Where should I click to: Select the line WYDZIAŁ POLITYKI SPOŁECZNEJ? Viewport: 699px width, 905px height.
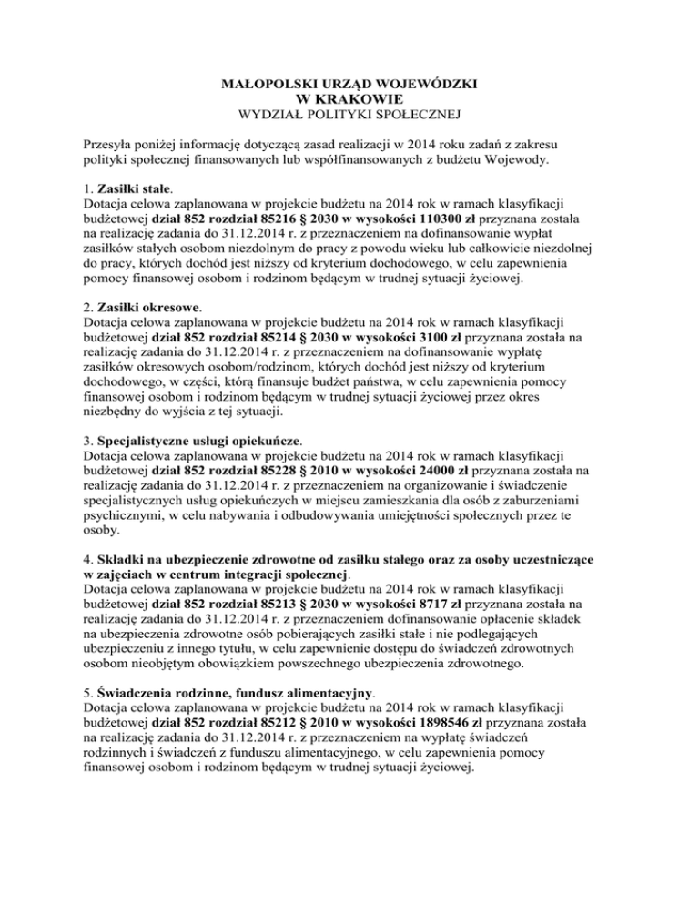pyautogui.click(x=350, y=114)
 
